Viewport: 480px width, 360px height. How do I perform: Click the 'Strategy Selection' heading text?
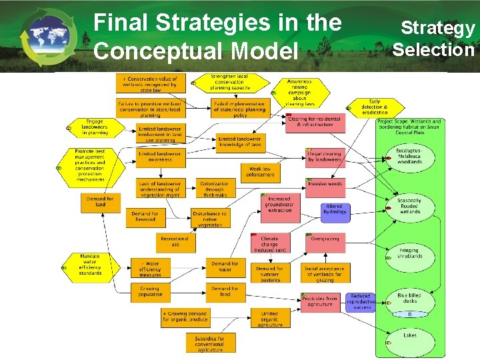[434, 39]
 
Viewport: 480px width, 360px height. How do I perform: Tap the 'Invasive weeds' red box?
[325, 184]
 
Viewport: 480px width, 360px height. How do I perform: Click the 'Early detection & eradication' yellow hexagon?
[374, 107]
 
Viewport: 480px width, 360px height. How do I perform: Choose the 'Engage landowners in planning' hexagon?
[95, 127]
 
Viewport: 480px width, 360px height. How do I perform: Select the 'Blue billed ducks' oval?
[409, 298]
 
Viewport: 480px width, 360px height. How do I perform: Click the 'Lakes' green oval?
[409, 335]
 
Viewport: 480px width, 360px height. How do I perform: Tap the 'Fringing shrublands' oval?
[409, 253]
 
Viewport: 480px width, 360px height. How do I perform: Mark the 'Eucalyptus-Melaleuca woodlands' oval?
[409, 157]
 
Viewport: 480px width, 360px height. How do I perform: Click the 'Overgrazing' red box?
[325, 239]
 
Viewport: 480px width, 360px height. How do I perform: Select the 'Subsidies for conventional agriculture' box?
[211, 343]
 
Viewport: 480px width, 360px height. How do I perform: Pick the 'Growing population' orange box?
[150, 292]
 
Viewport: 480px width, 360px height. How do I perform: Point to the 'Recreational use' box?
[175, 241]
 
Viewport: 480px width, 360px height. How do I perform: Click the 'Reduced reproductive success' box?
[361, 301]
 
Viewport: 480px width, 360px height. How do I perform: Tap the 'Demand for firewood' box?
[145, 217]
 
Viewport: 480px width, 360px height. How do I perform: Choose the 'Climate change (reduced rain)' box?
[269, 243]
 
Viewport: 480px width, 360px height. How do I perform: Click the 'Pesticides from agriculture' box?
[320, 301]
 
